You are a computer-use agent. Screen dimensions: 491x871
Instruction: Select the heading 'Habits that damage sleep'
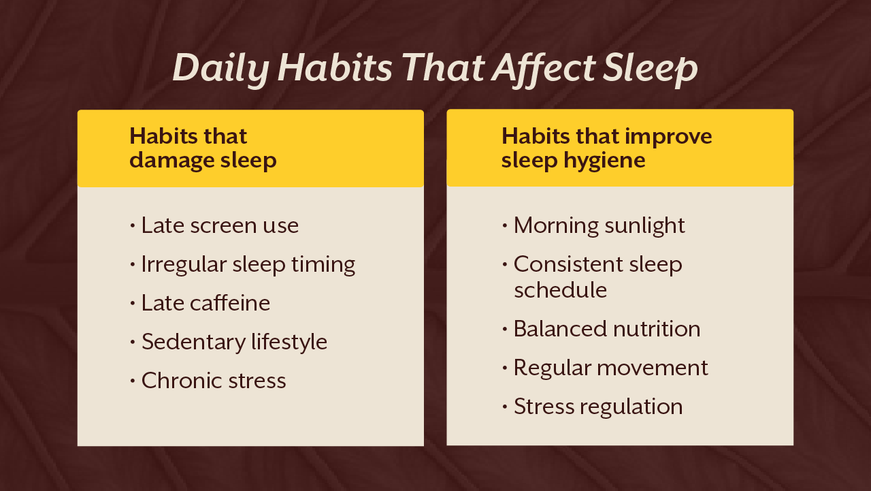click(x=203, y=148)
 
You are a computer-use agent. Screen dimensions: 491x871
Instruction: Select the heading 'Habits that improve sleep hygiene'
click(x=606, y=148)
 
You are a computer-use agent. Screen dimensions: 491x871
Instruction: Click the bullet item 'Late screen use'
click(x=220, y=225)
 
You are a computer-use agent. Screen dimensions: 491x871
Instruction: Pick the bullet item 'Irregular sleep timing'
click(x=248, y=264)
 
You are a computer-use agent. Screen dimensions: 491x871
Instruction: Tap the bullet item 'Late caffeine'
click(x=206, y=303)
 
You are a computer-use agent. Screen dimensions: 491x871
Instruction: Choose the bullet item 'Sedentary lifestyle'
click(x=234, y=342)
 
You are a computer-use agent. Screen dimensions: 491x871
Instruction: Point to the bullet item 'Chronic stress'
click(x=214, y=381)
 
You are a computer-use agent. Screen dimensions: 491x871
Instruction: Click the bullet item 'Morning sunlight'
click(x=599, y=225)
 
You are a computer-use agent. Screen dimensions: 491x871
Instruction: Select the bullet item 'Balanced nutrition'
click(x=606, y=329)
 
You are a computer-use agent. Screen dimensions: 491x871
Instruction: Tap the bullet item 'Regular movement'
click(x=610, y=368)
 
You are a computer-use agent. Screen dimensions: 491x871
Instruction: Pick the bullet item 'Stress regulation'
click(x=598, y=407)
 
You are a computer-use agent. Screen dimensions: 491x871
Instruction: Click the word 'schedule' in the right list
click(x=560, y=290)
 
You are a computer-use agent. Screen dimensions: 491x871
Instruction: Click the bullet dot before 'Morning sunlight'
click(x=504, y=225)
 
